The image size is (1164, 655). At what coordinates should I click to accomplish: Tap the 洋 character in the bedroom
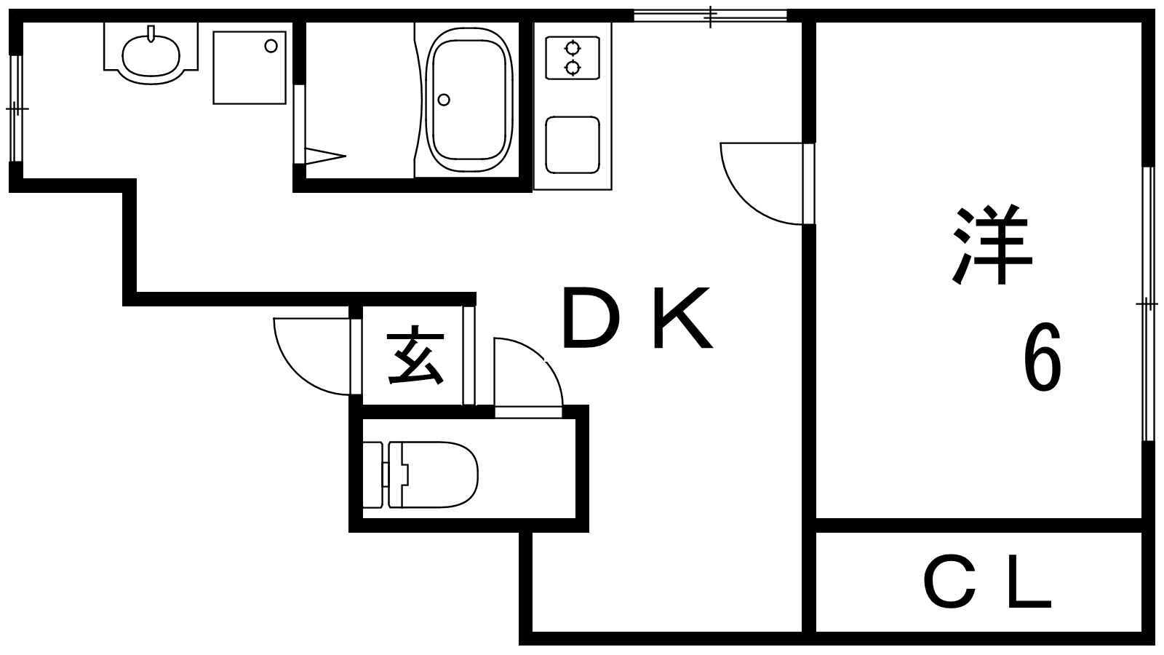coord(992,246)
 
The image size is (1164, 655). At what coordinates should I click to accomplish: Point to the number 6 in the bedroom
coord(1042,358)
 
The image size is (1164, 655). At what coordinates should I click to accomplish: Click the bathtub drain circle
coord(445,100)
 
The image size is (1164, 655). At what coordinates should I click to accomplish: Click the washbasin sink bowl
coord(151,52)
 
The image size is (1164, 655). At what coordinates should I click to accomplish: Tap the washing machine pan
coord(250,68)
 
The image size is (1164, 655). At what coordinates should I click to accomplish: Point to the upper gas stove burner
coord(573,49)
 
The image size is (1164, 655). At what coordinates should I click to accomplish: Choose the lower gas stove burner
coord(573,68)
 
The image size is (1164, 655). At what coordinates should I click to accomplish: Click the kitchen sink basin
coord(573,145)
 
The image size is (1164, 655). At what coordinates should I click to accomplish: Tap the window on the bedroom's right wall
coord(1148,303)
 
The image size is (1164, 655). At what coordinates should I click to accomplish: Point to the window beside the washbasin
coord(17,109)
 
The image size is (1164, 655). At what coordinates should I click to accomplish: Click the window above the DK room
coord(710,15)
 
